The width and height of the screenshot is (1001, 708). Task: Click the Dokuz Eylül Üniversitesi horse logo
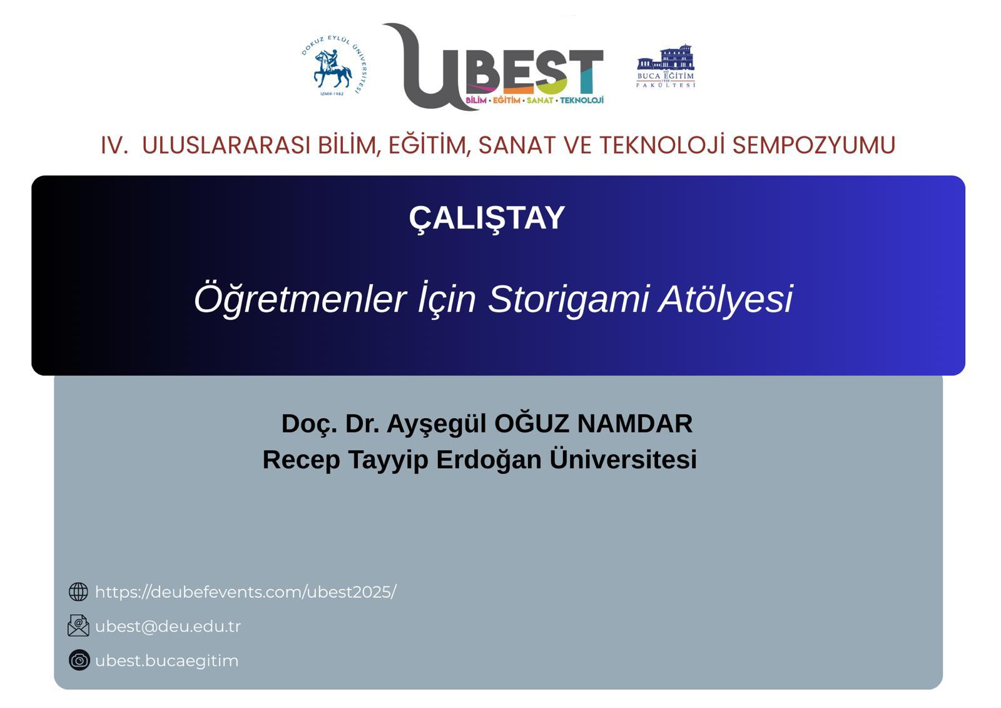click(333, 66)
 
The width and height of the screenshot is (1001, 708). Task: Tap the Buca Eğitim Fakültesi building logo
click(666, 66)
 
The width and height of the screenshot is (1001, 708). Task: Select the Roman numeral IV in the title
click(114, 145)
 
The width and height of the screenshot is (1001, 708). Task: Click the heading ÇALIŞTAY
click(487, 218)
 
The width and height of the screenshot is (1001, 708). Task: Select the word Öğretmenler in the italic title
click(300, 299)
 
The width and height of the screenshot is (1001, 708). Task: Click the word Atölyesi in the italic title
click(726, 299)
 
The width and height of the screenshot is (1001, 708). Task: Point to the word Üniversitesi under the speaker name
click(623, 459)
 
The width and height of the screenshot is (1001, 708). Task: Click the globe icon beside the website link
click(78, 592)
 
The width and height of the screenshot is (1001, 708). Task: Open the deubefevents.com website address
click(246, 592)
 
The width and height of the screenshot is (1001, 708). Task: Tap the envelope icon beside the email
click(78, 626)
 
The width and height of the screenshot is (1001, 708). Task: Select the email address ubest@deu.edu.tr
click(168, 627)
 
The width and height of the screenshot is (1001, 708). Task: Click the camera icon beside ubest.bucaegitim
click(79, 660)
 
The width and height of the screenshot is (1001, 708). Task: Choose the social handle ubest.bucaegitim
click(166, 661)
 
